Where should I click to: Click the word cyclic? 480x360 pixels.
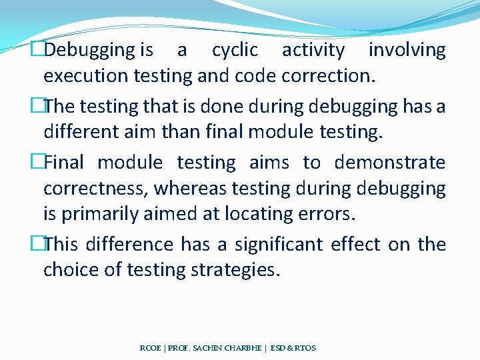pyautogui.click(x=234, y=50)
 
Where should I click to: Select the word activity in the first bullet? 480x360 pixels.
pyautogui.click(x=313, y=50)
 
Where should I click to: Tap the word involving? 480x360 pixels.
pyautogui.click(x=407, y=50)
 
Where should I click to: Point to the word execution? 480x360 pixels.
pyautogui.click(x=86, y=76)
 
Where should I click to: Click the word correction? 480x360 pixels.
pyautogui.click(x=328, y=76)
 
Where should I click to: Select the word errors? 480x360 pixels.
pyautogui.click(x=325, y=215)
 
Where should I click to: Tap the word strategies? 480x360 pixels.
pyautogui.click(x=232, y=270)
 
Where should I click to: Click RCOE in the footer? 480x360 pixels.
pyautogui.click(x=151, y=348)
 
